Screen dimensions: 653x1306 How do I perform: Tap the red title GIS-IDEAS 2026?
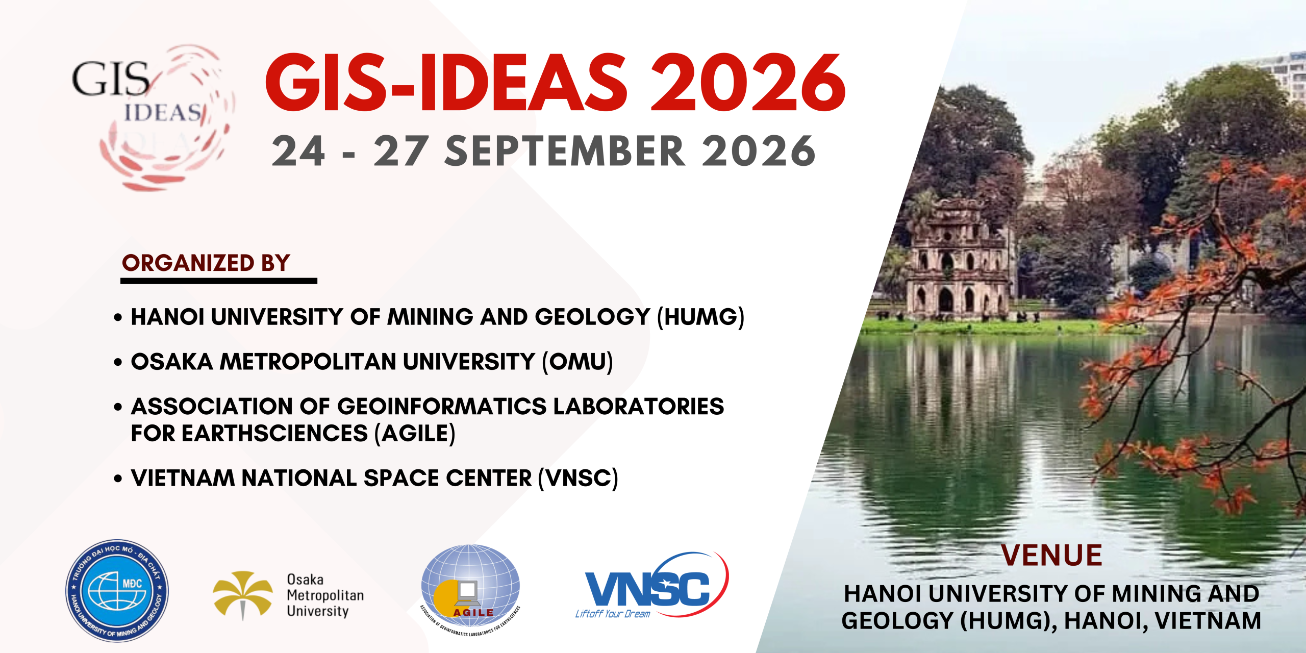point(555,83)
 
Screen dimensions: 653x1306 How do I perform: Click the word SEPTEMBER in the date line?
point(565,152)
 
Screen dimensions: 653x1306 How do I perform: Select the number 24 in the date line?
point(298,152)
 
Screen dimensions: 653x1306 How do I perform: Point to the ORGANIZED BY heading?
point(206,263)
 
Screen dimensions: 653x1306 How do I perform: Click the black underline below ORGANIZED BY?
point(218,281)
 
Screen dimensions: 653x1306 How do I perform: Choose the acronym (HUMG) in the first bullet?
point(700,317)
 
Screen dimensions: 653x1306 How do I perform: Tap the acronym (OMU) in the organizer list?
point(577,362)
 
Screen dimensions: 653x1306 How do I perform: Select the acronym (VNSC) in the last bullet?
point(578,479)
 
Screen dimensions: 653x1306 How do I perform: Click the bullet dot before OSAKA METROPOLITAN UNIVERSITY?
point(118,363)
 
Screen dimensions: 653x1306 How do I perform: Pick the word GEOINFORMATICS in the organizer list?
point(442,407)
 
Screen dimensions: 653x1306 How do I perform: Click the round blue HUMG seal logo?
point(117,591)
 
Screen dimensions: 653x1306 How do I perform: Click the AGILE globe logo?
point(470,587)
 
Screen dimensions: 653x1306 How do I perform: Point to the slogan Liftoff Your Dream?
point(613,614)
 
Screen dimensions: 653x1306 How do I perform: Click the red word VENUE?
point(1051,556)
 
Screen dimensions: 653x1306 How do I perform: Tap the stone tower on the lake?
point(957,260)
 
